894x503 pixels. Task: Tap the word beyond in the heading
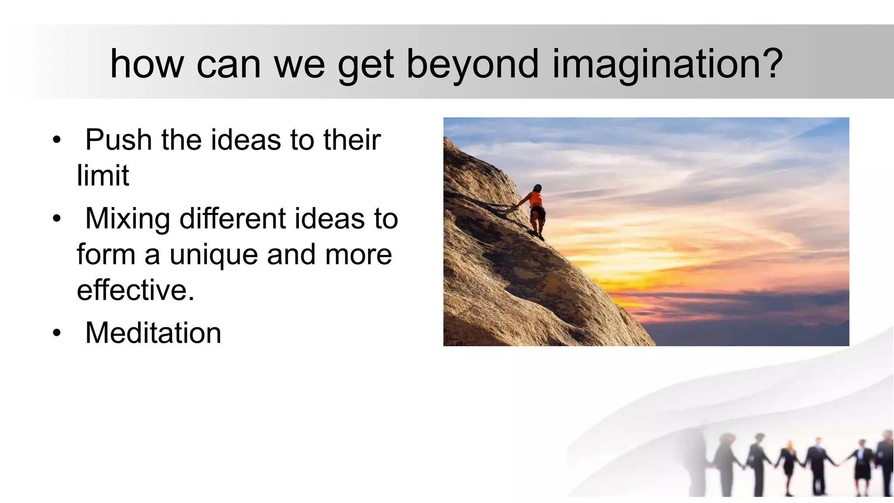tap(472, 65)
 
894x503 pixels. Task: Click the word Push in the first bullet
tap(119, 140)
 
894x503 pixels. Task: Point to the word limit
tap(103, 176)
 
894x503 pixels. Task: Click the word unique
tap(214, 255)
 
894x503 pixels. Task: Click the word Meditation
tap(153, 333)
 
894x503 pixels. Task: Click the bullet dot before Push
tap(56, 141)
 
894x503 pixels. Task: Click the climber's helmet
tap(537, 188)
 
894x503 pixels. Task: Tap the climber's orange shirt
tap(536, 199)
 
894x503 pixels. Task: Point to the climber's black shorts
tap(538, 213)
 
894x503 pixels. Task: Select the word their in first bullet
tap(352, 140)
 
